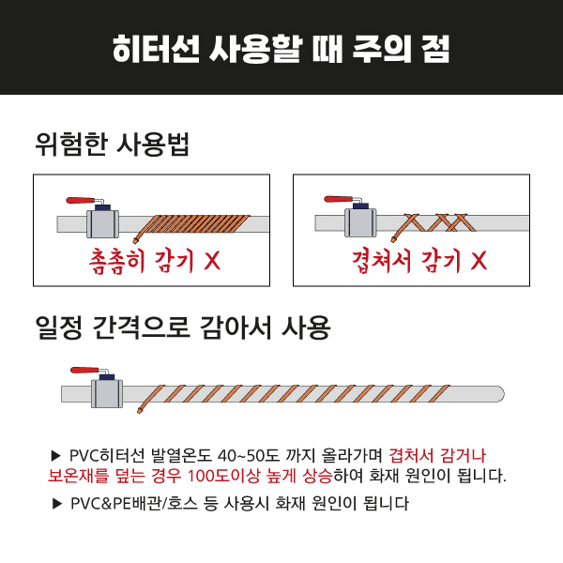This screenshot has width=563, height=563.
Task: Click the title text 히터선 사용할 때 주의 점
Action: (281, 49)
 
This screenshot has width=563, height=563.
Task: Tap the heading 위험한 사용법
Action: (112, 145)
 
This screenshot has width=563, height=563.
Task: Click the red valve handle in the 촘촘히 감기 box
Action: (81, 200)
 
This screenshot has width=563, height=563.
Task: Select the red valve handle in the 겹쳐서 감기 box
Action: (338, 199)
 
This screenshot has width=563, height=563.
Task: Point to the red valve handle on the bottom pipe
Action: (84, 371)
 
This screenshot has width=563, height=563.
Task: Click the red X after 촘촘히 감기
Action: (212, 260)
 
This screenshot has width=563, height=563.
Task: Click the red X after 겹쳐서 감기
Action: (479, 260)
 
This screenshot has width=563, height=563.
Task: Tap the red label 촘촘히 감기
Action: (141, 261)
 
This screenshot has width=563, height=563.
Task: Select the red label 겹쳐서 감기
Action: (406, 261)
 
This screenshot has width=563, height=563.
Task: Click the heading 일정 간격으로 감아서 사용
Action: (183, 327)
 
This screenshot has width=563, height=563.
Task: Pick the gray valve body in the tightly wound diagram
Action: (102, 223)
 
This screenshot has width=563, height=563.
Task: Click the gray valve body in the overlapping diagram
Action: (360, 222)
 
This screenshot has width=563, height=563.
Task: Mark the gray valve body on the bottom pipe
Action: (107, 393)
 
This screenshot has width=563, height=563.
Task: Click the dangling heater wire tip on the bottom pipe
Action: (140, 410)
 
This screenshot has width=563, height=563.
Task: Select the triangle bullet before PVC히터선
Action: (56, 456)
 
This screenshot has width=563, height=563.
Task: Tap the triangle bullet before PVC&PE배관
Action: (57, 504)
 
